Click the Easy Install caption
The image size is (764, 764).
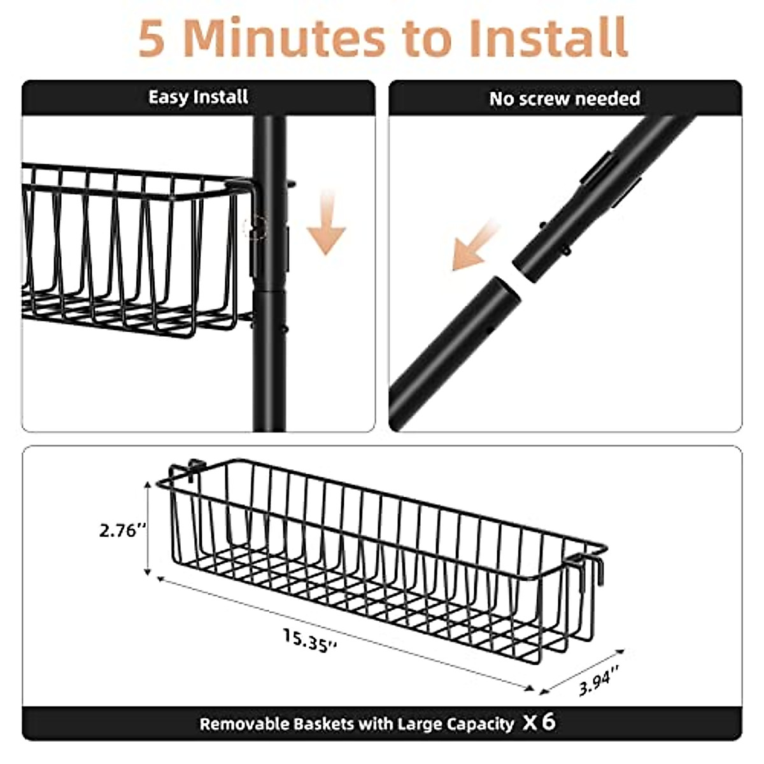198,97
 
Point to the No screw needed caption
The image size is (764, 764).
564,99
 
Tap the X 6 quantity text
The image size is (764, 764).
539,722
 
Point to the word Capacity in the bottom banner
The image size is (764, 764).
480,724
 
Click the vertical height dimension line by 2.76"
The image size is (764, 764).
148,528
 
